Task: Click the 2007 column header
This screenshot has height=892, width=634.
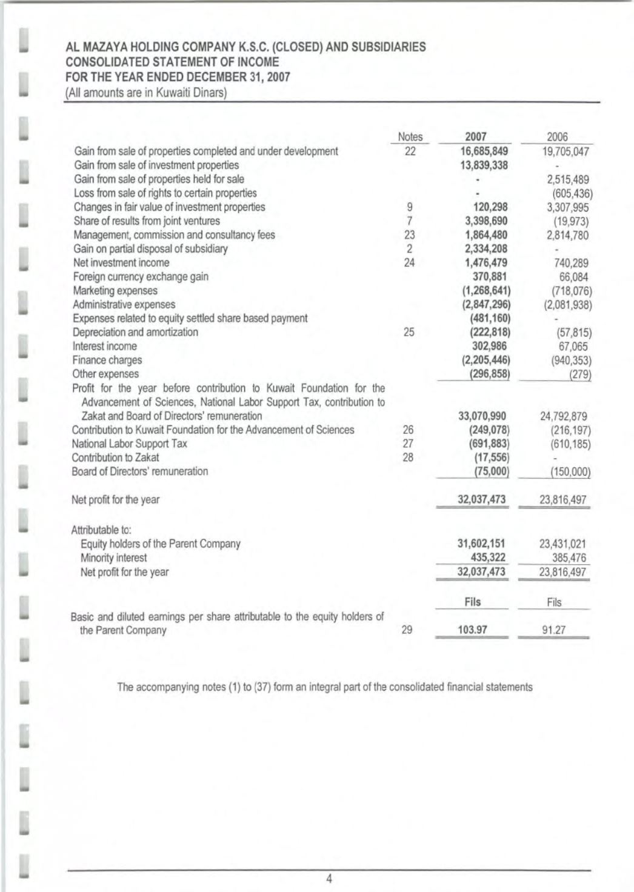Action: click(x=475, y=137)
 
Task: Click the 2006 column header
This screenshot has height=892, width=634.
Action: click(x=557, y=137)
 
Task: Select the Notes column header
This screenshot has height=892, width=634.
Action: click(x=410, y=137)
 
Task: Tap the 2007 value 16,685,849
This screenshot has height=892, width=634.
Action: click(x=484, y=151)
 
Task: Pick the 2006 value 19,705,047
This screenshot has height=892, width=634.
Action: click(x=566, y=151)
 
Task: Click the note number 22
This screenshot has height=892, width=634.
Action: click(x=410, y=151)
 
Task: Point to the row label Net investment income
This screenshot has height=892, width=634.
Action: click(x=121, y=263)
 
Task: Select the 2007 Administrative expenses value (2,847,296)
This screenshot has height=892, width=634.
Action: click(x=486, y=304)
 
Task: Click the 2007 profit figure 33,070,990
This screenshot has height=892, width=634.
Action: click(x=482, y=416)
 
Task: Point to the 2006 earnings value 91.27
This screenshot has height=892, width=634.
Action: click(x=554, y=630)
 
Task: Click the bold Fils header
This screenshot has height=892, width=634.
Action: click(x=472, y=602)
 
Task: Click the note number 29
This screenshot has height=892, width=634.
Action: click(x=407, y=630)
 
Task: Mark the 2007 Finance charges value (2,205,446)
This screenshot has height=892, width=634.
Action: click(x=486, y=360)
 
